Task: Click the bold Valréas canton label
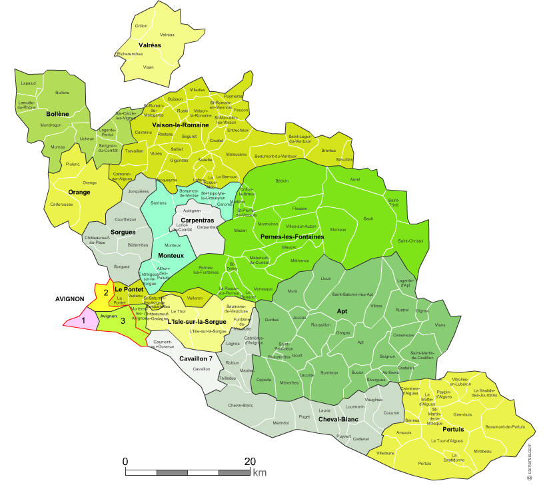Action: pos(150,45)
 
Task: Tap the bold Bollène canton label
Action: pos(58,114)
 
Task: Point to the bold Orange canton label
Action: pos(79,193)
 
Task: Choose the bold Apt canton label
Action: pos(342,311)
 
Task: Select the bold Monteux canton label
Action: pos(171,256)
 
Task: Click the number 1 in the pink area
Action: pos(84,320)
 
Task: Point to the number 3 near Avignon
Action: pos(123,320)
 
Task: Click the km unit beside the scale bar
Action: pos(259,473)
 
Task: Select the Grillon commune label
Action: pos(141,26)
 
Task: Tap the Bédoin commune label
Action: pos(282,181)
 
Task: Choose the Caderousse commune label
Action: pos(62,204)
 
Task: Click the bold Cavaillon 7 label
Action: pos(196,358)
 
